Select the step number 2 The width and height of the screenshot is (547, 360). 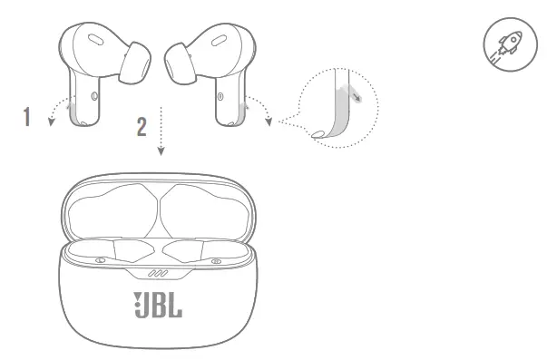141,125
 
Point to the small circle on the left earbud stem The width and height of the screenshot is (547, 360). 95,94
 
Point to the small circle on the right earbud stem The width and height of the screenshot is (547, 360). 220,94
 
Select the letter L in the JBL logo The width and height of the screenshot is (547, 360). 175,305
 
